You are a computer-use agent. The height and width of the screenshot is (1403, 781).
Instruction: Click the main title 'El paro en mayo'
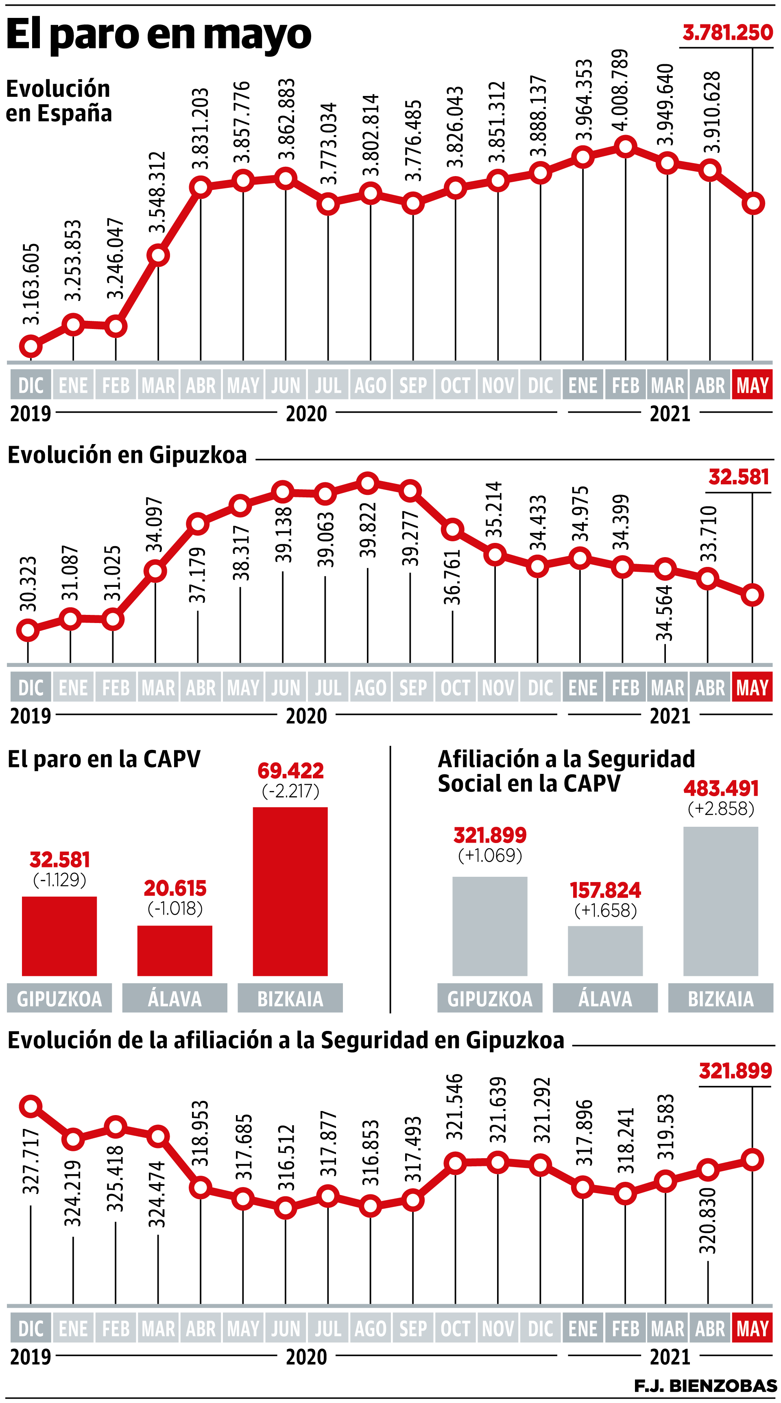[159, 34]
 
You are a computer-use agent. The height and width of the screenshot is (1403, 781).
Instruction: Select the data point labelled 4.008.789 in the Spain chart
[625, 146]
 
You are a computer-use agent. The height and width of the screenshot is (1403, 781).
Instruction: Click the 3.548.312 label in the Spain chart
[157, 192]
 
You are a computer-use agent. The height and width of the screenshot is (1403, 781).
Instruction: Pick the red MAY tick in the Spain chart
[752, 385]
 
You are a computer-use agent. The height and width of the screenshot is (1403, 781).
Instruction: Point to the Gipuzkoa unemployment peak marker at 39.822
[368, 483]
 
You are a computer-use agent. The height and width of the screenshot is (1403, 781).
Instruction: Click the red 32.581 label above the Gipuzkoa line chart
[739, 477]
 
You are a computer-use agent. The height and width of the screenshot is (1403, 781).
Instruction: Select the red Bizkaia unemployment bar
[290, 891]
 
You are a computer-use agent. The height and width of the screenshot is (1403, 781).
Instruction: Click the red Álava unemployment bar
[175, 951]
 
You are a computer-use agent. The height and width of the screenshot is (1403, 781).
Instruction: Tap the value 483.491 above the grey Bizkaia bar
[720, 788]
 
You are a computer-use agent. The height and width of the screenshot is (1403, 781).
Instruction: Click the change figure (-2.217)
[290, 791]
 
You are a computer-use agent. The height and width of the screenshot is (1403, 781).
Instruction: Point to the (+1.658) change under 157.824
[605, 910]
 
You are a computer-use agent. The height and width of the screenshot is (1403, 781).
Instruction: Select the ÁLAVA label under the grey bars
[605, 999]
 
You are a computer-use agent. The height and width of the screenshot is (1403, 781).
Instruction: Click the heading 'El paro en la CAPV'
[104, 759]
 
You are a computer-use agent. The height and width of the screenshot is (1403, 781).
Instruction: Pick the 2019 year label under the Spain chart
[31, 414]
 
